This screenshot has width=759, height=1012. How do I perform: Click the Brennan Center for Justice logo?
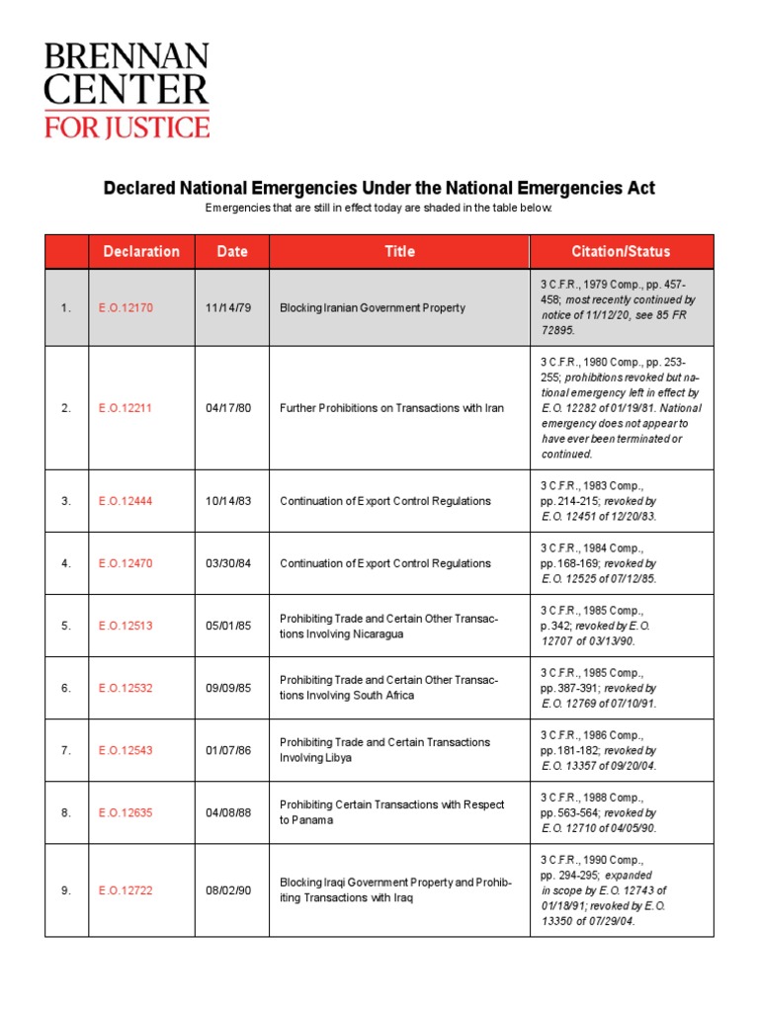[126, 90]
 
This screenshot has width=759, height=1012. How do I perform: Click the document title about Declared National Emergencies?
[379, 188]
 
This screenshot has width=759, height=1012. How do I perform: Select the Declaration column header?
[141, 251]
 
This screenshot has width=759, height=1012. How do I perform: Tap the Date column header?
[232, 251]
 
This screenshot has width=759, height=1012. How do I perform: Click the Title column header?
[399, 251]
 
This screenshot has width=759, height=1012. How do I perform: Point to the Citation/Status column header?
[621, 251]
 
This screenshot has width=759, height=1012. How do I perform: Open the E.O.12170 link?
[126, 307]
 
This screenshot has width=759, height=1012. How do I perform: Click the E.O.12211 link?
[126, 407]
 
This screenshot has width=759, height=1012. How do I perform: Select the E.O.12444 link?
[126, 501]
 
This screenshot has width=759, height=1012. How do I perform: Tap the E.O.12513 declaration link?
[126, 626]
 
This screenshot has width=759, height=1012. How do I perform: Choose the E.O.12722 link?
[126, 890]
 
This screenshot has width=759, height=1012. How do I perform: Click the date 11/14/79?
[229, 307]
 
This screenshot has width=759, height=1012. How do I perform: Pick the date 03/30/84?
[229, 563]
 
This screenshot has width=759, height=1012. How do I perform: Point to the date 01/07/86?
[229, 750]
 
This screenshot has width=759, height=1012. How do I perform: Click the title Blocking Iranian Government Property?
[373, 307]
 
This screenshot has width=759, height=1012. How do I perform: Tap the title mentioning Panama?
[391, 812]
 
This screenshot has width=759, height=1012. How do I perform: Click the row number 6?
[66, 688]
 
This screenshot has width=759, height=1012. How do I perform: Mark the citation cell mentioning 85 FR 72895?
[621, 307]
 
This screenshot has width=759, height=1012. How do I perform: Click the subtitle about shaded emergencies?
[379, 209]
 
